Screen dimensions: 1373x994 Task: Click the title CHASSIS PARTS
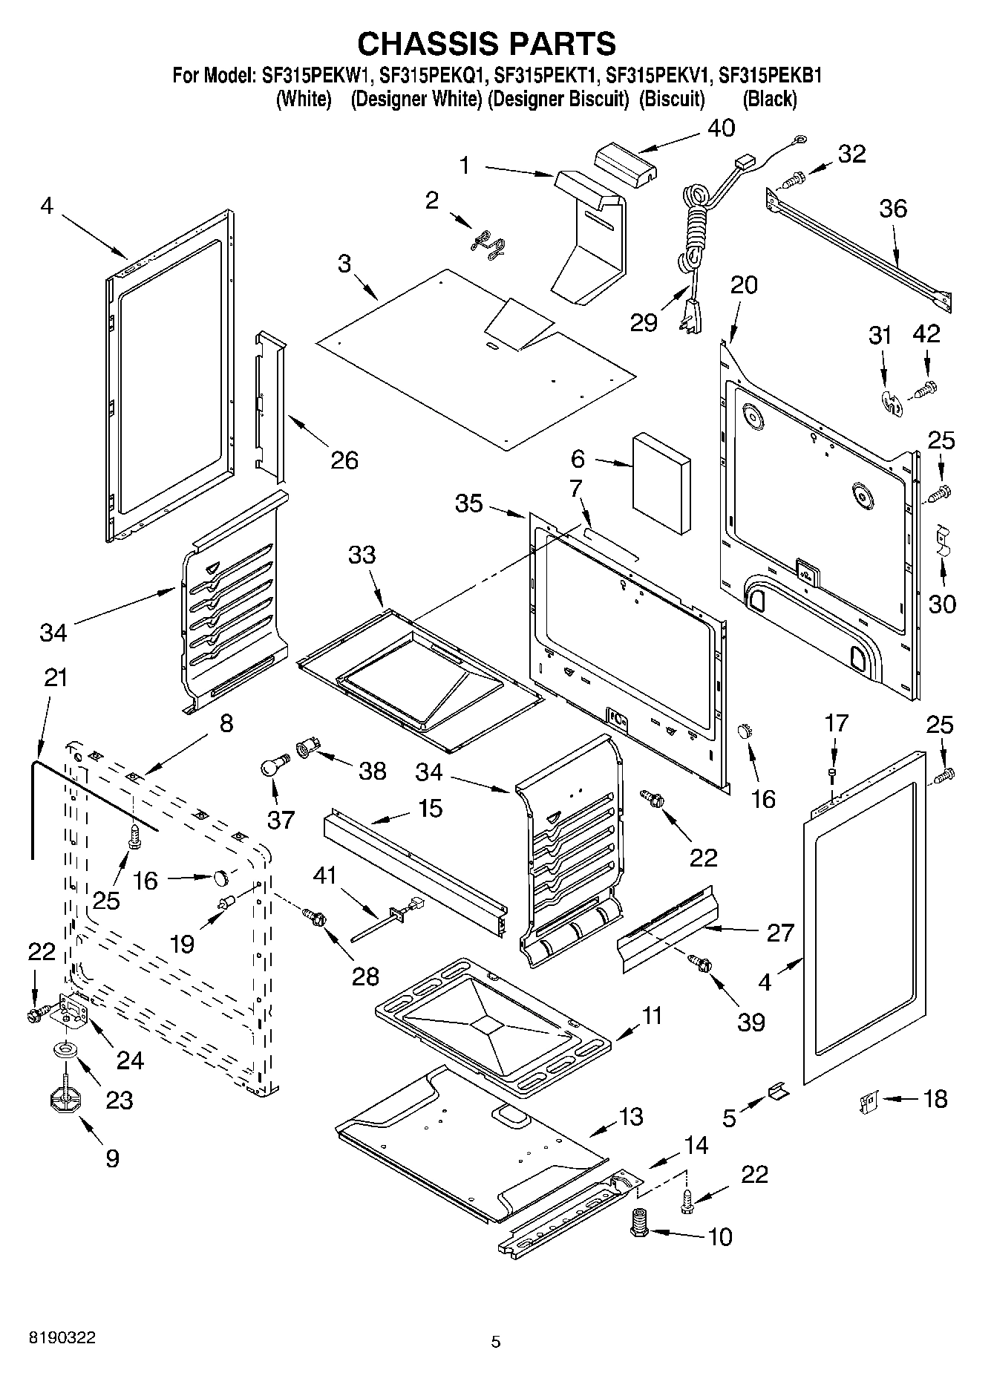click(486, 44)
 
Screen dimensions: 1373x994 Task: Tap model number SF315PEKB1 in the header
click(770, 76)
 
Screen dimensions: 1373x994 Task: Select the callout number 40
click(720, 128)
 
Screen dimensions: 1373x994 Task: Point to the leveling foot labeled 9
click(65, 1099)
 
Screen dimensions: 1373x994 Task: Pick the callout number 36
click(892, 209)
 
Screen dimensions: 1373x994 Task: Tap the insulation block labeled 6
click(661, 483)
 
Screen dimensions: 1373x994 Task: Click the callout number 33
click(362, 555)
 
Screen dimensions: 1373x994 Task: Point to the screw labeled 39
click(699, 964)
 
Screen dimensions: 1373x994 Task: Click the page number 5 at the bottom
click(496, 1342)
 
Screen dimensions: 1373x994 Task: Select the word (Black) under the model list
click(769, 99)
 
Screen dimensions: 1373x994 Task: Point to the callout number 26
click(344, 460)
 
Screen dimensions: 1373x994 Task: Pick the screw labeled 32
click(794, 179)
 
